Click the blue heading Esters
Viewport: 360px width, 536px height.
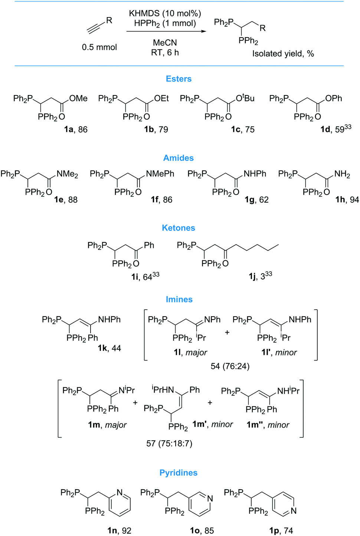pos(179,79)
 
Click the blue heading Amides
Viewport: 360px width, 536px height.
pos(179,158)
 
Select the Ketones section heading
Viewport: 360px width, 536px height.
pos(179,228)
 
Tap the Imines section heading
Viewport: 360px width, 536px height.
pos(179,300)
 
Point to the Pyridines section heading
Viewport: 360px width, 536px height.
pos(179,473)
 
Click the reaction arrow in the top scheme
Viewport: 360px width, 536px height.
pos(166,32)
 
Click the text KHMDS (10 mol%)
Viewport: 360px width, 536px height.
pos(165,13)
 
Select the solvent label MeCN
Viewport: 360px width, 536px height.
pos(165,43)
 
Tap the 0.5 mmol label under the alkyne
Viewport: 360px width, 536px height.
pos(99,47)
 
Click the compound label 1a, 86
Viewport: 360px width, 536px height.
pos(76,130)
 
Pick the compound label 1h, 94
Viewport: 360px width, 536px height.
pos(347,200)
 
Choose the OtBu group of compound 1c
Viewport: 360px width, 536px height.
pos(245,98)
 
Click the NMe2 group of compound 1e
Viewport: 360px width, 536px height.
pos(67,174)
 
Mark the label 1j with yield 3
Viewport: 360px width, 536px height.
pos(260,276)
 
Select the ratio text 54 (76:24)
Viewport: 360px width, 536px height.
pos(230,366)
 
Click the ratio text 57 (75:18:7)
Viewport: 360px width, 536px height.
pos(169,444)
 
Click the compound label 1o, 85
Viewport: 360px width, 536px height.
pos(202,531)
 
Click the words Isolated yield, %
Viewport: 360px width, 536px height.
pos(283,54)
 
